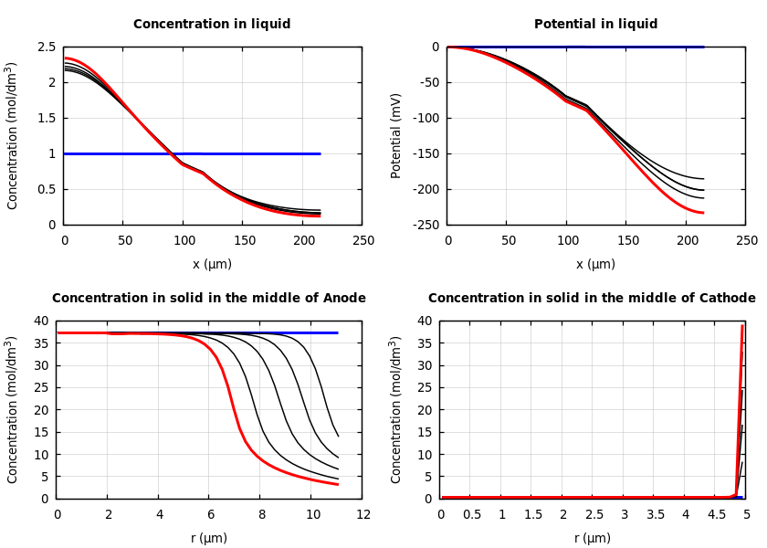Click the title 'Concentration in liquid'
[x=212, y=25]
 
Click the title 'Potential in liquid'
[x=595, y=25]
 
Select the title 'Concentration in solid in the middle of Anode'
[x=209, y=299]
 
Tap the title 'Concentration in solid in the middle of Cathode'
[x=592, y=299]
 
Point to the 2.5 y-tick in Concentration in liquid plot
[x=47, y=47]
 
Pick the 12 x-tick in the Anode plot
[x=363, y=515]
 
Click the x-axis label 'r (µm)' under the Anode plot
[x=209, y=538]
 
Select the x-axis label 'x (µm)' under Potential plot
[x=595, y=264]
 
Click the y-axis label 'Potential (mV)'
[x=396, y=135]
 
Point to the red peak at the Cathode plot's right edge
[x=742, y=326]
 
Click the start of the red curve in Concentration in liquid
[x=66, y=58]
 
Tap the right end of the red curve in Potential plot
[x=702, y=213]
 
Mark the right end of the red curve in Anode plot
[x=338, y=484]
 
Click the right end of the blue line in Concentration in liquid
[x=320, y=153]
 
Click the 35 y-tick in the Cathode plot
[x=424, y=343]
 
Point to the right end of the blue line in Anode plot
[x=338, y=332]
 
